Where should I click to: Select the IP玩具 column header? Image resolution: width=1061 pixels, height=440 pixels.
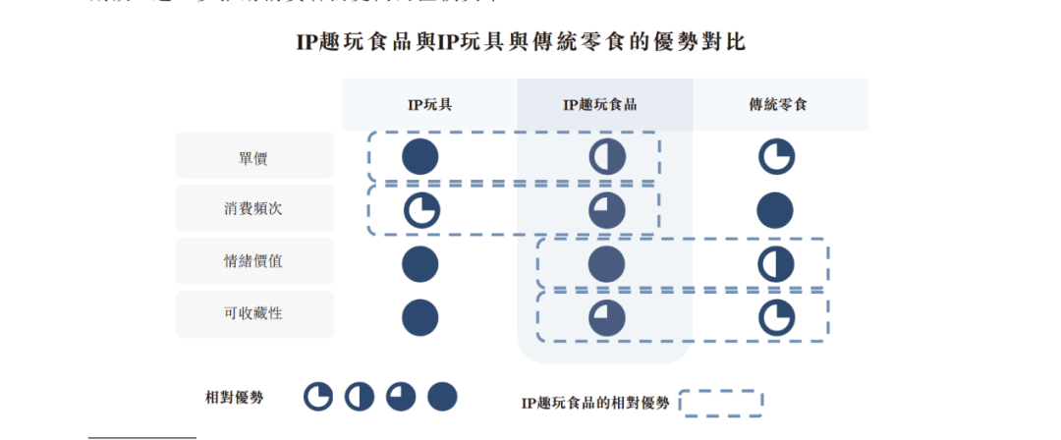point(429,104)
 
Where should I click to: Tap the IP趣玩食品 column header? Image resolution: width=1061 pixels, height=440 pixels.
point(599,104)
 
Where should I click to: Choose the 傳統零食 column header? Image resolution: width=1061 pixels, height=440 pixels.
point(777,104)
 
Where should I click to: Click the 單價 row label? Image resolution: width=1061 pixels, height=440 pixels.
point(253,157)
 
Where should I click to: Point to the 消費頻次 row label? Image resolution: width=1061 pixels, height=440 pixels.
point(253,209)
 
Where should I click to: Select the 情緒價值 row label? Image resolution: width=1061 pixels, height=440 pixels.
point(253,262)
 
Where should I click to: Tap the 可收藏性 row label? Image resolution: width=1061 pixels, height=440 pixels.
point(253,314)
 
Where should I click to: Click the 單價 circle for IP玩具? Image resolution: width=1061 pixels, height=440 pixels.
point(420,157)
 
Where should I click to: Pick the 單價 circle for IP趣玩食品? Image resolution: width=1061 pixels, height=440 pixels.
point(606,157)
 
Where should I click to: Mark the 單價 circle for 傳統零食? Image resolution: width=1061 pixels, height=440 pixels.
point(776,157)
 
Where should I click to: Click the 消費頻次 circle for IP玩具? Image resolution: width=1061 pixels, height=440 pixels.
point(421,210)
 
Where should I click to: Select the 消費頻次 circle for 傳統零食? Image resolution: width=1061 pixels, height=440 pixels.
point(776,210)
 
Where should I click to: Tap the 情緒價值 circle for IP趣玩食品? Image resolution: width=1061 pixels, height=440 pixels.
point(606,263)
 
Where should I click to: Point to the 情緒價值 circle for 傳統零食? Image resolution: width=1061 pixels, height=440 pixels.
point(776,263)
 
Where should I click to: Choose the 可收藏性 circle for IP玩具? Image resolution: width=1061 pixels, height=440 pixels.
point(420,316)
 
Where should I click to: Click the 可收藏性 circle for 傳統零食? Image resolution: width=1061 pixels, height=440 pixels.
point(776,316)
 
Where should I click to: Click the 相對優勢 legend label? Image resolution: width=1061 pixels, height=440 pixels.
point(234,397)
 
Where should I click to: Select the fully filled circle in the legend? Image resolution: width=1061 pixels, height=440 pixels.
point(442,397)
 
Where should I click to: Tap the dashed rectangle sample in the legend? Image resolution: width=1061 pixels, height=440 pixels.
point(720,403)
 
